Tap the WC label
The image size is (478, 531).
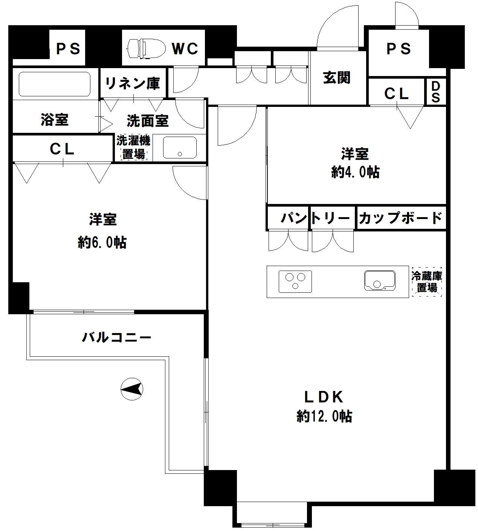(x=185, y=49)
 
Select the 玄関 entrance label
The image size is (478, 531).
(x=337, y=78)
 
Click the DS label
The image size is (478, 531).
(x=435, y=92)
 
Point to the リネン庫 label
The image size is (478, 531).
(x=132, y=83)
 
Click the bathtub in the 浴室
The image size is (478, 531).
(x=55, y=85)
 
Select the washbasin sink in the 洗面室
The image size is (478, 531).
(x=180, y=148)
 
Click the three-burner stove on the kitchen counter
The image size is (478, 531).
(x=295, y=281)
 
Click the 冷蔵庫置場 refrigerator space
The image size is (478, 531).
(x=427, y=282)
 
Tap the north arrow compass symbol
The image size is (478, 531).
(x=131, y=388)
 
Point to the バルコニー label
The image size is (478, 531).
(x=117, y=337)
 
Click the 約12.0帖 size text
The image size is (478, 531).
(x=324, y=416)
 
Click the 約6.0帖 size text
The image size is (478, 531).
(x=102, y=242)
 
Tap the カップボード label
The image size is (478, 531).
(x=400, y=218)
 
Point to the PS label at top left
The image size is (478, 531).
(x=68, y=49)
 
